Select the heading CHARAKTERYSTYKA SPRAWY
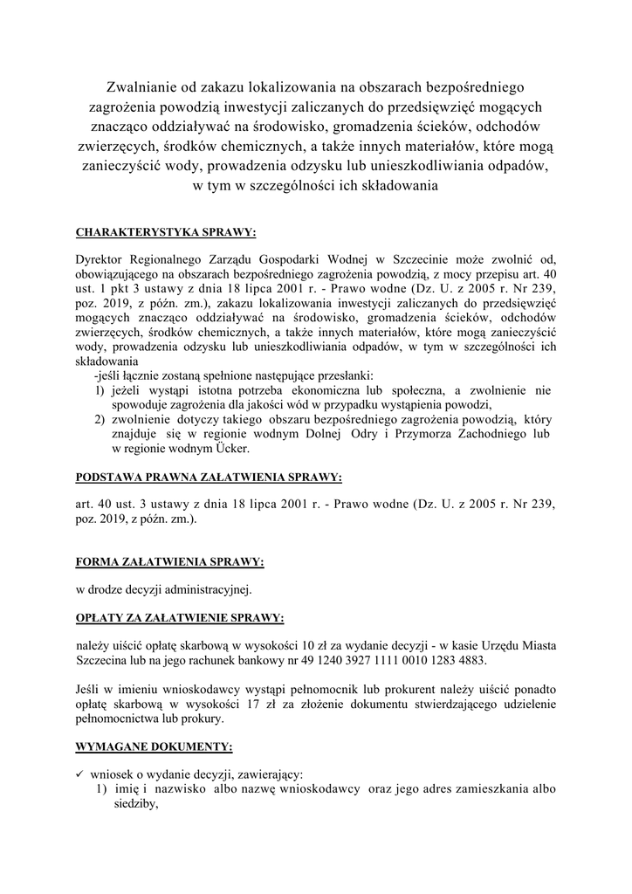[167, 233]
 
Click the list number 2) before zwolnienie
[100, 418]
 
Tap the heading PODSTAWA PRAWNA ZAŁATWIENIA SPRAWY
[210, 478]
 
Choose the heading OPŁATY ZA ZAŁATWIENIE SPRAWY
[180, 617]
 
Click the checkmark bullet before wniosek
[79, 775]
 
